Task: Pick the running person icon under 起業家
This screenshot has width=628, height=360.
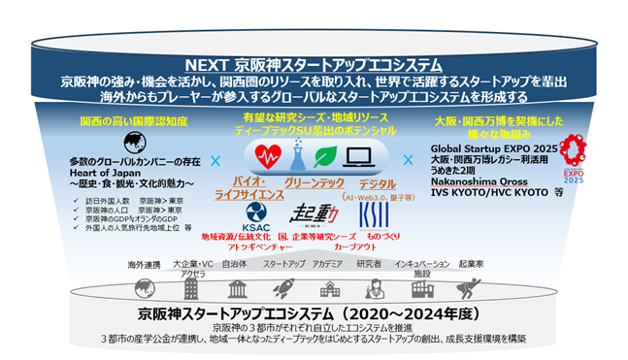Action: coord(472,288)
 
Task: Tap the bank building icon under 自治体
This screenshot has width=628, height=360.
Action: coord(235,288)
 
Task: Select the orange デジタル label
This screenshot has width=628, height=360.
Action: coord(378,181)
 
